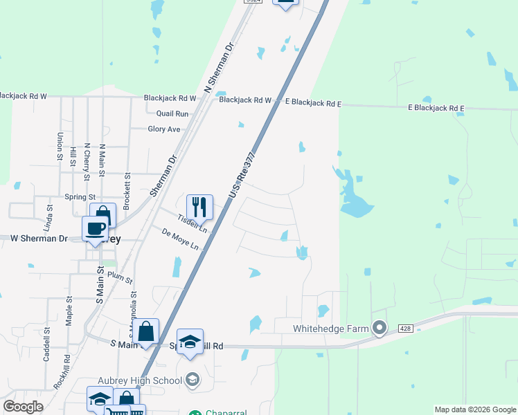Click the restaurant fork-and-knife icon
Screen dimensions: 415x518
[x=199, y=207]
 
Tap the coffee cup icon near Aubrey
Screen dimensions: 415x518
[x=96, y=229]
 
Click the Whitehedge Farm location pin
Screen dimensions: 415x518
[x=379, y=328]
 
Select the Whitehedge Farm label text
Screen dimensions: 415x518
[x=331, y=329]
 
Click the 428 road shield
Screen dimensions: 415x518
[x=407, y=329]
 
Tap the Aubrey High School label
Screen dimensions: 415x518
[x=140, y=380]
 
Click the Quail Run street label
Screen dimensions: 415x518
[x=172, y=113]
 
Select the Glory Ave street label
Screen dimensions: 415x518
[x=164, y=129]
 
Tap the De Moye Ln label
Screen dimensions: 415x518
[x=180, y=239]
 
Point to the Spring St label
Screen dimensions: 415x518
[x=80, y=197]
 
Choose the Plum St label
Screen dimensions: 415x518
[x=120, y=278]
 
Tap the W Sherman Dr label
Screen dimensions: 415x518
[x=39, y=239]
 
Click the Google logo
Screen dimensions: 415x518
[x=23, y=407]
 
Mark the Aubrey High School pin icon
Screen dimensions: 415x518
[x=193, y=379]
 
